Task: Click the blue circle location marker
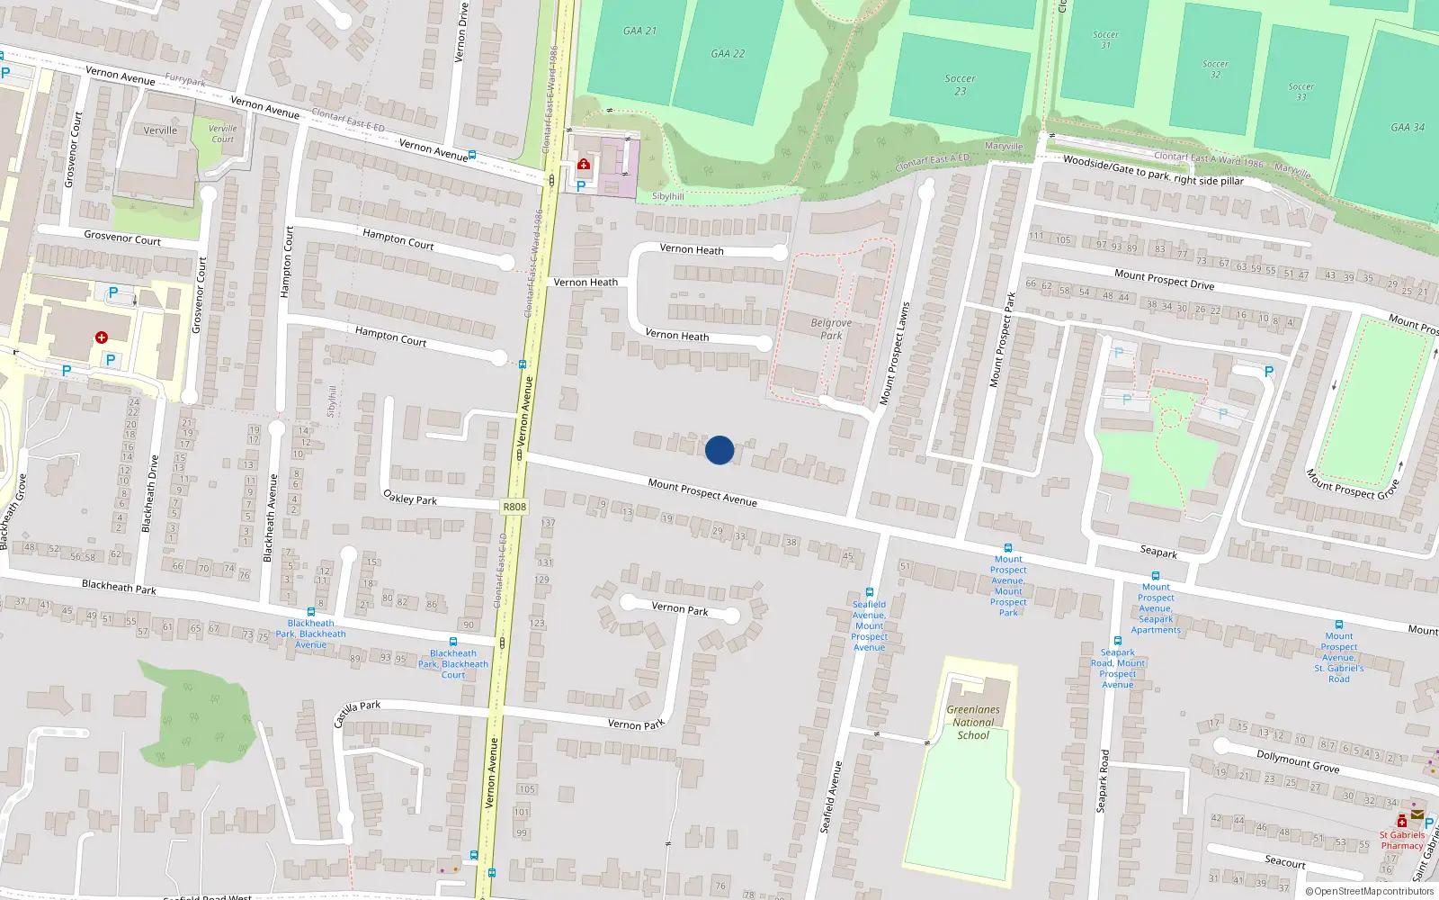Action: [x=719, y=450]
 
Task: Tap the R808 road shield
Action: [x=514, y=507]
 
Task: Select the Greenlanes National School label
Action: [x=973, y=723]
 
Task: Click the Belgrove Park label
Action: [x=831, y=328]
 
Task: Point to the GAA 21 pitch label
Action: [x=639, y=31]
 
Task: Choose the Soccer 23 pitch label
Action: [x=960, y=85]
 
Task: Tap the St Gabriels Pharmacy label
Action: [x=1402, y=840]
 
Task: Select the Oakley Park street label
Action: [x=410, y=498]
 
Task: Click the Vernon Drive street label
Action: [x=461, y=32]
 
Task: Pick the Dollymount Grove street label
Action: [x=1298, y=761]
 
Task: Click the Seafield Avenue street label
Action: [x=831, y=796]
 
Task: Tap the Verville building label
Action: [x=160, y=130]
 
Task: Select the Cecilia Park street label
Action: [x=357, y=713]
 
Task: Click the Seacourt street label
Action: [x=1285, y=861]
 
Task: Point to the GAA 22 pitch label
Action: [x=728, y=54]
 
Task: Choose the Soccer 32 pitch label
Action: [x=1215, y=69]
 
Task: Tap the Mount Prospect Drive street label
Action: [x=1164, y=280]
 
